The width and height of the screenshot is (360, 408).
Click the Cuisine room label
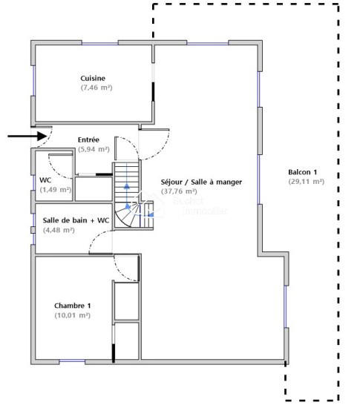(x=93, y=78)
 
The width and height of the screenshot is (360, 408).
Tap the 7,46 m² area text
(x=96, y=88)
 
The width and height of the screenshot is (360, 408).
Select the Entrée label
(x=90, y=139)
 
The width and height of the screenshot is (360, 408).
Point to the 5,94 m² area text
(x=94, y=149)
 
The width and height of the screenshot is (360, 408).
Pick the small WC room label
(x=45, y=180)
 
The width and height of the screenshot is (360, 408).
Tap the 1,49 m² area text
(x=56, y=190)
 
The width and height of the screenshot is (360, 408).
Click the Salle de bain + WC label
(x=76, y=220)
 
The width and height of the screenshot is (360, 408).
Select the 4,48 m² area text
(x=59, y=230)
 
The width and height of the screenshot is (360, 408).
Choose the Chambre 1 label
(x=73, y=306)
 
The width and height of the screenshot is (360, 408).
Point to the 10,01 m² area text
(x=73, y=315)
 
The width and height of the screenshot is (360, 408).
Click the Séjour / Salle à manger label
(x=201, y=181)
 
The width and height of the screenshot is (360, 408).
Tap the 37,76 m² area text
(x=185, y=191)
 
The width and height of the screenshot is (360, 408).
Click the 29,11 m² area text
(x=306, y=182)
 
